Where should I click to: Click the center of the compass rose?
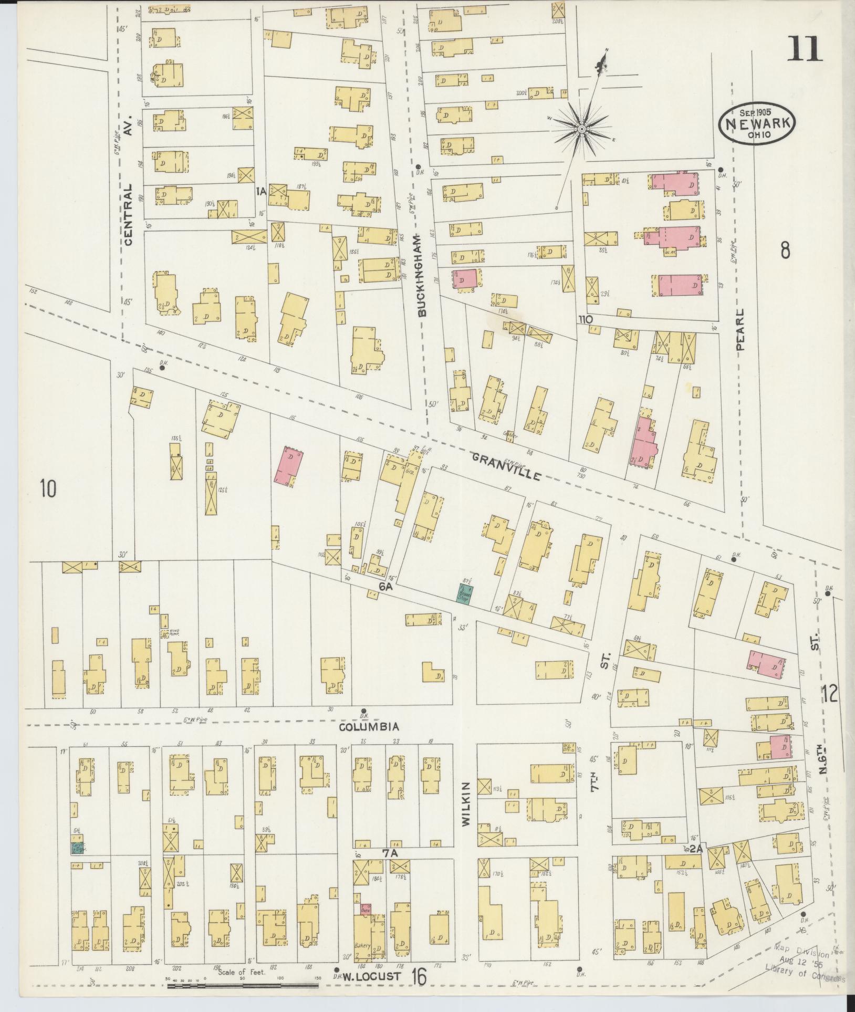(582, 129)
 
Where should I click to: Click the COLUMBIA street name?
(369, 727)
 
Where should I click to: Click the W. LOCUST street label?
(374, 976)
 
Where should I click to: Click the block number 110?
(586, 319)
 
